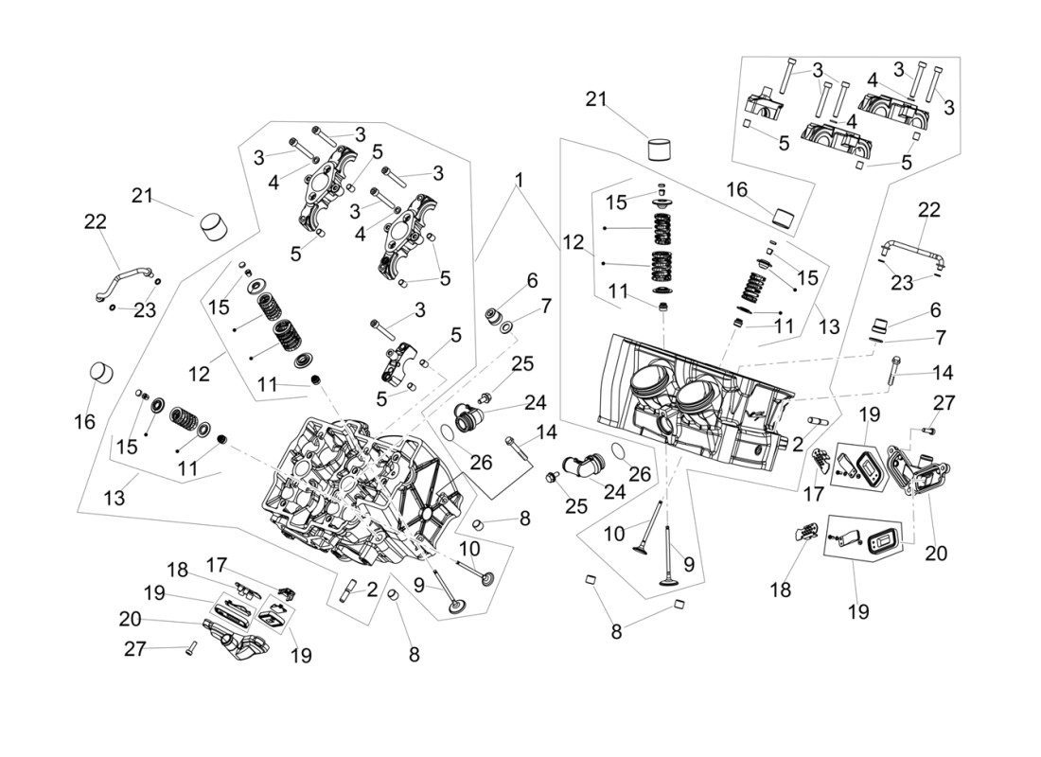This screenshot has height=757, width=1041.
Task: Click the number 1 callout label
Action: (519, 179)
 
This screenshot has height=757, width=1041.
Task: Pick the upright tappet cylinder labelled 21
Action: (658, 150)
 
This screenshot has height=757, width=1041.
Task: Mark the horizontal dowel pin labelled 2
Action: (818, 419)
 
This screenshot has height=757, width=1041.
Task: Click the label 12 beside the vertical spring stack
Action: (573, 242)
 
